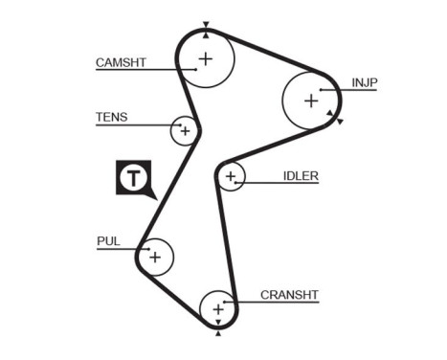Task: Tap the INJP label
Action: tap(365, 82)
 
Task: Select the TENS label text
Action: tap(111, 118)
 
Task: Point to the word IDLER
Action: tap(301, 176)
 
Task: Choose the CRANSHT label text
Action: tap(289, 295)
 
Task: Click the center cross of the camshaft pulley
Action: tap(204, 58)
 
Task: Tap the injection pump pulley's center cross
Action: tap(310, 100)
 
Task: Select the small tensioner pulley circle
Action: tap(184, 130)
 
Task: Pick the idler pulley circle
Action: tap(230, 177)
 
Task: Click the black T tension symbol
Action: tap(133, 178)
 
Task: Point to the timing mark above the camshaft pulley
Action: tap(205, 25)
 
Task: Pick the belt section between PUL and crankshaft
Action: tap(172, 301)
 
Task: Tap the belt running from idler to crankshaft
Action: tap(226, 239)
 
